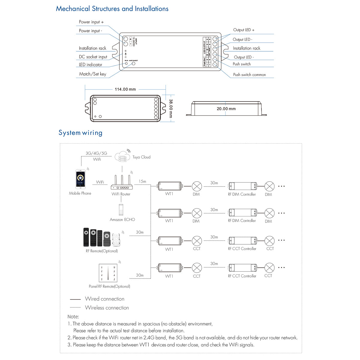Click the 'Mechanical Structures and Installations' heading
tap(112, 9)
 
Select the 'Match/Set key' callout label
tap(92, 74)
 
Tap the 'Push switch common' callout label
tap(249, 75)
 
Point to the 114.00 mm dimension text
tap(125, 89)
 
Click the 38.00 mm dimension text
tap(171, 109)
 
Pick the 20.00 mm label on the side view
tap(226, 109)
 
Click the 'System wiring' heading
tap(80, 133)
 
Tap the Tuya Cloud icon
tap(122, 157)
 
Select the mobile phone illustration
tap(80, 179)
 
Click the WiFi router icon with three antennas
tap(121, 182)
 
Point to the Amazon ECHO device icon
tap(121, 210)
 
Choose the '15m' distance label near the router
tap(142, 181)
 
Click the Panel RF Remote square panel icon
tap(108, 273)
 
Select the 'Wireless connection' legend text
tap(107, 307)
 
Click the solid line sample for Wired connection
tap(75, 299)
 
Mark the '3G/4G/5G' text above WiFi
tap(96, 153)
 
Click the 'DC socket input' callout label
tap(93, 57)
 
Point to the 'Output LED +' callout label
tap(244, 30)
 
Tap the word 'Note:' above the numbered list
tap(73, 316)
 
